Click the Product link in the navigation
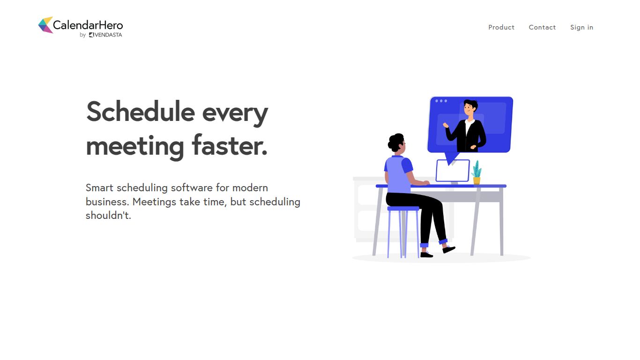coord(501,27)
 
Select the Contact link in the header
coord(542,27)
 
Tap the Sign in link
coord(581,27)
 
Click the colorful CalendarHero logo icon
coord(45,25)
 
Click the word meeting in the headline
coord(135,146)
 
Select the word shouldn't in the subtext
coord(108,216)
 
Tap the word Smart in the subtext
coord(99,187)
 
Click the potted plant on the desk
coord(476,173)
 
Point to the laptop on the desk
coord(452,171)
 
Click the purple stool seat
coord(403,209)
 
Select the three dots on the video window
coord(441,101)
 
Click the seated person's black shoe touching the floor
coord(426,255)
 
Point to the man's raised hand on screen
coord(446,125)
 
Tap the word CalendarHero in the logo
coord(88,25)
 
